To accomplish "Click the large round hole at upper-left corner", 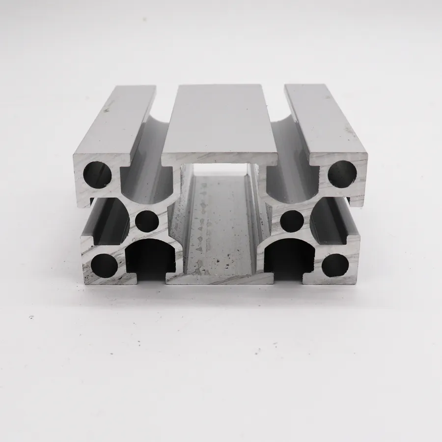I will (97, 174).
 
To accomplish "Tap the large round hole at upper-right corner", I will (342, 174).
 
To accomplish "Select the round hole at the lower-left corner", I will (105, 265).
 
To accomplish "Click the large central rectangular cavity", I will (220, 221).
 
